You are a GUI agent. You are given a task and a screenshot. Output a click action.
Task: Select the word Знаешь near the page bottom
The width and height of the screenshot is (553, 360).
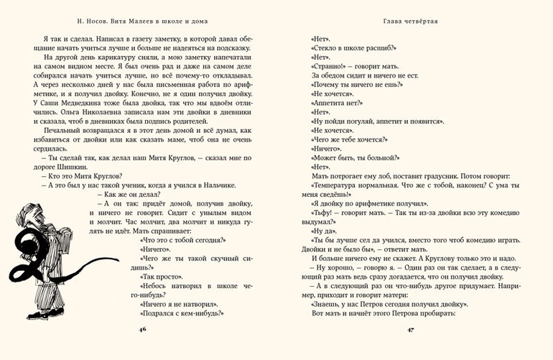330,303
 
